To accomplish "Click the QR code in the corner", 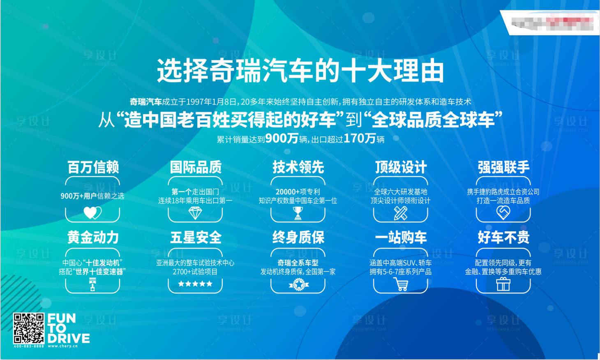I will tap(28, 328).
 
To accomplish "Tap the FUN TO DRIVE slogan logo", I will tap(68, 328).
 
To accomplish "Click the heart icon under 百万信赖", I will tap(92, 212).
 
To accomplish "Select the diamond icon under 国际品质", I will tap(195, 212).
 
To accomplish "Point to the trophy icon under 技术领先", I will tap(298, 212).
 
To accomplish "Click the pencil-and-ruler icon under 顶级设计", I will tap(401, 212).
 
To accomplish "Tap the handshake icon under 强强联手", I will tap(503, 212).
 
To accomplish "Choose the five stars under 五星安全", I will tap(195, 284).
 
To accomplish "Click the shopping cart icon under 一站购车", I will tap(401, 284).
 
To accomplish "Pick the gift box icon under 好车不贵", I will tap(503, 284).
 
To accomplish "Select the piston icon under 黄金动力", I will tap(92, 284).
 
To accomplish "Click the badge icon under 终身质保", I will tap(298, 284).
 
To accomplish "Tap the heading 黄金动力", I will tap(93, 238).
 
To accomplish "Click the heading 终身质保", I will tap(298, 238).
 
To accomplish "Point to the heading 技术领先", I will tap(298, 167).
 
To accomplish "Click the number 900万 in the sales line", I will tap(282, 138).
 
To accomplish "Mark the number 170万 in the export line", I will tap(360, 138).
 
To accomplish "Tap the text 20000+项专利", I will tap(298, 192).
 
